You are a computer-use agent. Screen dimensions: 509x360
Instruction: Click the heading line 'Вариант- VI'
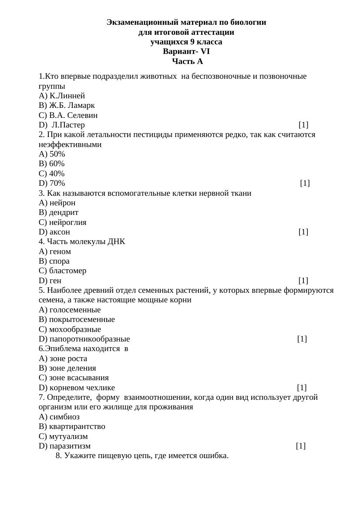186,52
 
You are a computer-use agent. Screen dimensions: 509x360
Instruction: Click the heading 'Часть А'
187,61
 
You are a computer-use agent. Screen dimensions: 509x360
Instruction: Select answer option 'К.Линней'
67,96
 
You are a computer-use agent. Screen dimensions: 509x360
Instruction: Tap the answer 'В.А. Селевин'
73,115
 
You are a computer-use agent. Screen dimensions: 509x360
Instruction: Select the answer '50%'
57,154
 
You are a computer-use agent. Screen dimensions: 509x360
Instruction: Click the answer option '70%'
57,183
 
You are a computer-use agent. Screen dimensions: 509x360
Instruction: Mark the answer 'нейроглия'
67,222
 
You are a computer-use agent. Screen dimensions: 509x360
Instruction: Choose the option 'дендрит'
64,212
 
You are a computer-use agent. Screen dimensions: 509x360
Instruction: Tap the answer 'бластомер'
67,271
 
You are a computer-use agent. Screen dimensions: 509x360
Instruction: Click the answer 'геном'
60,251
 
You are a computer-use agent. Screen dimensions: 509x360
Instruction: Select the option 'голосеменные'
75,310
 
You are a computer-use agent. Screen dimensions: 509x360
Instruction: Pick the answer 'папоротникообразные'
89,339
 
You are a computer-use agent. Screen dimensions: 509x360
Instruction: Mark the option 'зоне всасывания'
79,378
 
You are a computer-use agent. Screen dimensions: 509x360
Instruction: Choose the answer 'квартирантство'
77,426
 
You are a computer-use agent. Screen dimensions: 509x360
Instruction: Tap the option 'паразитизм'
70,446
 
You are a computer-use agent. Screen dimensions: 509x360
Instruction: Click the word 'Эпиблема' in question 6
61,348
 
